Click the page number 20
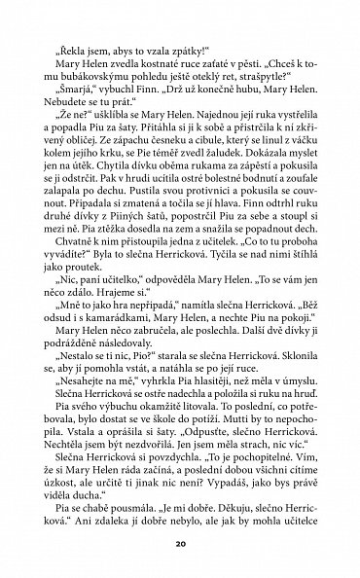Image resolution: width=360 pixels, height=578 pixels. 180,540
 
